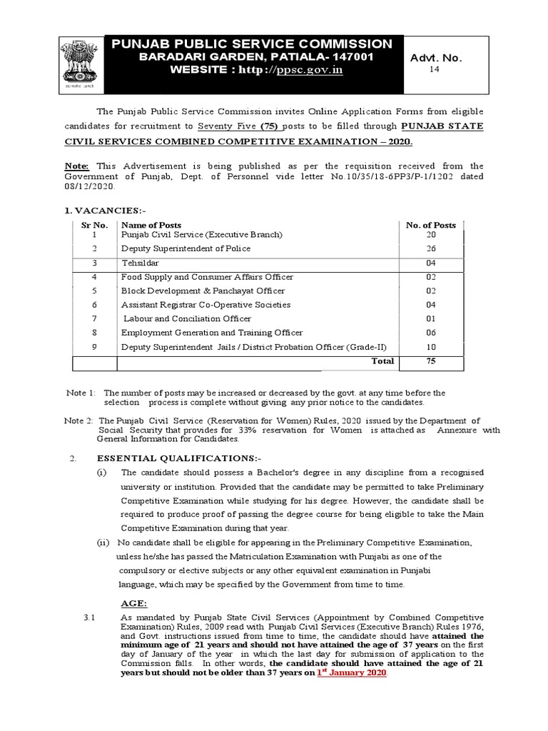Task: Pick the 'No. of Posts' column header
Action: [x=430, y=225]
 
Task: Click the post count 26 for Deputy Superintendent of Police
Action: [x=430, y=249]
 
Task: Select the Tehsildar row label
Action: [x=141, y=263]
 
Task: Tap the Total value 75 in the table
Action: [x=430, y=361]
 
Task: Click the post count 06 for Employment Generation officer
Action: [x=430, y=333]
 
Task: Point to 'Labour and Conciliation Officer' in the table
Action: [x=187, y=318]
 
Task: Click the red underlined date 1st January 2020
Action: [x=351, y=672]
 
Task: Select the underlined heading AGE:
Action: [x=133, y=603]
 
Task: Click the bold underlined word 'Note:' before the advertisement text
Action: [x=77, y=166]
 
